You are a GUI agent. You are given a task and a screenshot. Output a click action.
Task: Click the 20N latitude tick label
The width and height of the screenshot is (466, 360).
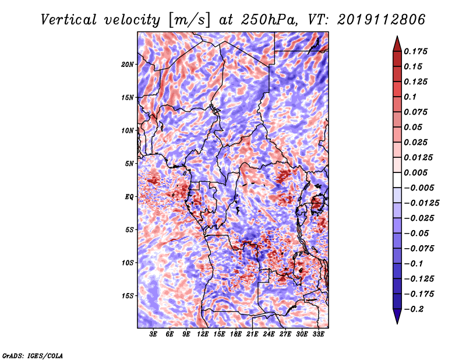pyautogui.click(x=128, y=64)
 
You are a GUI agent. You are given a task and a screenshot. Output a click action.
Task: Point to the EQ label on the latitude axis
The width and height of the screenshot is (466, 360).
pyautogui.click(x=129, y=197)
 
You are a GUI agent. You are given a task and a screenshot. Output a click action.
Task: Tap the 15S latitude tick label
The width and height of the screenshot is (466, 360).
pyautogui.click(x=128, y=296)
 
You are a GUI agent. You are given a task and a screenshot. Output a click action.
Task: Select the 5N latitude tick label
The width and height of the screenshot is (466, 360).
pyautogui.click(x=129, y=164)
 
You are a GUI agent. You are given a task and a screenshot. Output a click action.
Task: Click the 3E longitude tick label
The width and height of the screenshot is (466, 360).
pyautogui.click(x=153, y=334)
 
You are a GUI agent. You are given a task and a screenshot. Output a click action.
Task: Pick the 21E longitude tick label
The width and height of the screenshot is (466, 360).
pyautogui.click(x=252, y=334)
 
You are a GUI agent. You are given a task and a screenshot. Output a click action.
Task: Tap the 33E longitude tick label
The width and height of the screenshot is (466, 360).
pyautogui.click(x=318, y=334)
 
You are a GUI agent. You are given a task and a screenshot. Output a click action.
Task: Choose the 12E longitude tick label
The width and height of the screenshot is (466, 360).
pyautogui.click(x=203, y=334)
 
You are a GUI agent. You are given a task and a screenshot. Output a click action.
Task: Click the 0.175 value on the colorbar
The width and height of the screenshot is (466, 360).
pyautogui.click(x=415, y=51)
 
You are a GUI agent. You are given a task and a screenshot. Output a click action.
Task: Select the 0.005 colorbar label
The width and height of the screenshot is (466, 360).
pyautogui.click(x=415, y=172)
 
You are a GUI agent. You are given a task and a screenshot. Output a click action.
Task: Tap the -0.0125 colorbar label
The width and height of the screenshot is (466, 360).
pyautogui.click(x=422, y=203)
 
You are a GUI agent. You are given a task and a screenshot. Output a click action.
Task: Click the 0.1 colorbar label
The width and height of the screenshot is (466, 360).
pyautogui.click(x=410, y=97)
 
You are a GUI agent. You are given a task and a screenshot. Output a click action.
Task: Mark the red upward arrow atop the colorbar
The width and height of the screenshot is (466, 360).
pyautogui.click(x=397, y=44)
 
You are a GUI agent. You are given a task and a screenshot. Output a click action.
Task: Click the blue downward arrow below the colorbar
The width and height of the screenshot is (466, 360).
pyautogui.click(x=397, y=316)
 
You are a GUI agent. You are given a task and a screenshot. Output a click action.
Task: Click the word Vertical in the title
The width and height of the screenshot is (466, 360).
pyautogui.click(x=69, y=20)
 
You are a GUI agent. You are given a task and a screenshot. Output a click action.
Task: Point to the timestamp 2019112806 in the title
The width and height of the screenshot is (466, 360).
pyautogui.click(x=382, y=20)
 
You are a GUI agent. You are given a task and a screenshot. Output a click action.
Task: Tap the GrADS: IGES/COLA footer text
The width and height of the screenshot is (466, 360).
pyautogui.click(x=33, y=355)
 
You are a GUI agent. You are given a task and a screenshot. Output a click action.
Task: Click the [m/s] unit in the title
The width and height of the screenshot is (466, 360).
pyautogui.click(x=189, y=20)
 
